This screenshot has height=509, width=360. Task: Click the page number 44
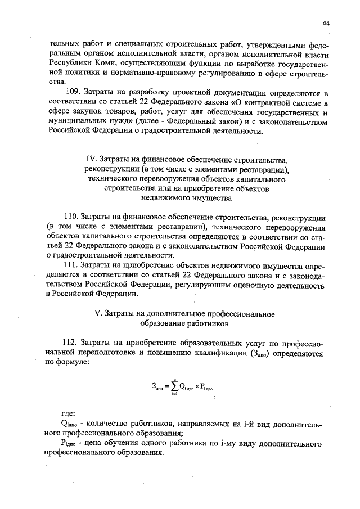(326, 23)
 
